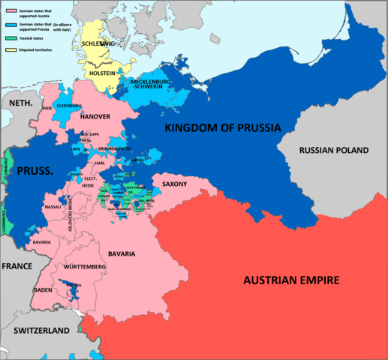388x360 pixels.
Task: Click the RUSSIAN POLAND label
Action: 334,150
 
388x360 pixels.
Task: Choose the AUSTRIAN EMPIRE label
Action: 292,280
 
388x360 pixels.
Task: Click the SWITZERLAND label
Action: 38,330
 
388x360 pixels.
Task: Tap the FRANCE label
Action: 17,266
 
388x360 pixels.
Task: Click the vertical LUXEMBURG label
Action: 6,222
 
